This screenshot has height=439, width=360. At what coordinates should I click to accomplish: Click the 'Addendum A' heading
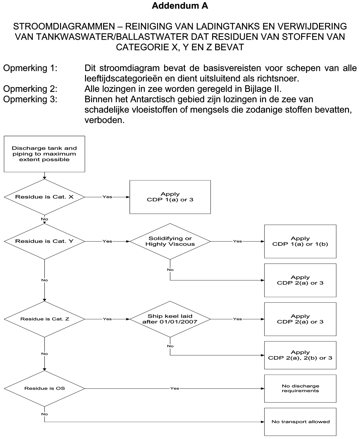[180, 6]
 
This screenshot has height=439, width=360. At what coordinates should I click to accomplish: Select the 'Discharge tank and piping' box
[44, 154]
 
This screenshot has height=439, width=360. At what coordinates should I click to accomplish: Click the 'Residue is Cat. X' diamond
[44, 197]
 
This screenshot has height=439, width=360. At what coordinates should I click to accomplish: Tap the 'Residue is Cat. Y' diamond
[44, 241]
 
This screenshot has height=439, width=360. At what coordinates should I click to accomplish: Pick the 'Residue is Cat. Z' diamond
[44, 319]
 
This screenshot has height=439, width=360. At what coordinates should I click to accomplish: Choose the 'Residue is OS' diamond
[44, 388]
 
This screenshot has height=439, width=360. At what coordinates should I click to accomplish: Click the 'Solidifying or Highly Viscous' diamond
[170, 241]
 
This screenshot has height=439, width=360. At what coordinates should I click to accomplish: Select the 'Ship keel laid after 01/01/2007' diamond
[170, 319]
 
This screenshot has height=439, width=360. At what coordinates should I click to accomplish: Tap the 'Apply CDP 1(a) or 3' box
[170, 197]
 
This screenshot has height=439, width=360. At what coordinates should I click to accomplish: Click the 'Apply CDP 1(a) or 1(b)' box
[300, 241]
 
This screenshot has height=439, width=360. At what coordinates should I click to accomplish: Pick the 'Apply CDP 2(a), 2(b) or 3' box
[300, 355]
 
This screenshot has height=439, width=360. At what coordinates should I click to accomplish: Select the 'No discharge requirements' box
[300, 389]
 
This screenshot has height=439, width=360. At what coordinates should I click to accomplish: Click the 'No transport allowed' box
[300, 422]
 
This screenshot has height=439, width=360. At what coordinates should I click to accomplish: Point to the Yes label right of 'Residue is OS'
[175, 389]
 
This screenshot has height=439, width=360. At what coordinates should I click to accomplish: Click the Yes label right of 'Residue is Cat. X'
[107, 197]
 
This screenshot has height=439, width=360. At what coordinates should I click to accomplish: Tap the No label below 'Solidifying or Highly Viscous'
[170, 270]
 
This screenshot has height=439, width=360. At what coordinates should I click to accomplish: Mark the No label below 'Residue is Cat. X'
[44, 219]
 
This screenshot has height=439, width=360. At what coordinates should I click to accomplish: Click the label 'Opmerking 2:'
[30, 89]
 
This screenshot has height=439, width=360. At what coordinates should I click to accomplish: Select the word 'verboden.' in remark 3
[104, 120]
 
